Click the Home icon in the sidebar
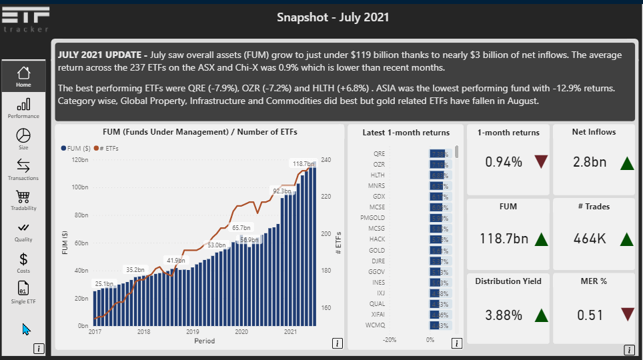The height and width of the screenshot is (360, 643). tap(23, 73)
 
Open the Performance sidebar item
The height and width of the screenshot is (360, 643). tap(23, 104)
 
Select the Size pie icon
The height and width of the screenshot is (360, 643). tap(23, 135)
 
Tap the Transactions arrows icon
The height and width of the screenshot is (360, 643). tap(23, 165)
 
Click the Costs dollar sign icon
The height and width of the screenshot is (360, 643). tap(23, 259)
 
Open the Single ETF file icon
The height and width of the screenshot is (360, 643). tap(23, 289)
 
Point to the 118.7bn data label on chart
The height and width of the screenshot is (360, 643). tap(303, 163)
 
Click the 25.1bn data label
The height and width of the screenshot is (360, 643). tap(103, 284)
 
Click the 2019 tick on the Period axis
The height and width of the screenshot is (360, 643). tap(193, 331)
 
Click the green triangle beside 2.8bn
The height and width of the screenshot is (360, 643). tap(626, 163)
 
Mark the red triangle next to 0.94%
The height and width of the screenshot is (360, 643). tap(540, 162)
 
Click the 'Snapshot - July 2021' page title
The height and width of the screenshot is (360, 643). tap(333, 17)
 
